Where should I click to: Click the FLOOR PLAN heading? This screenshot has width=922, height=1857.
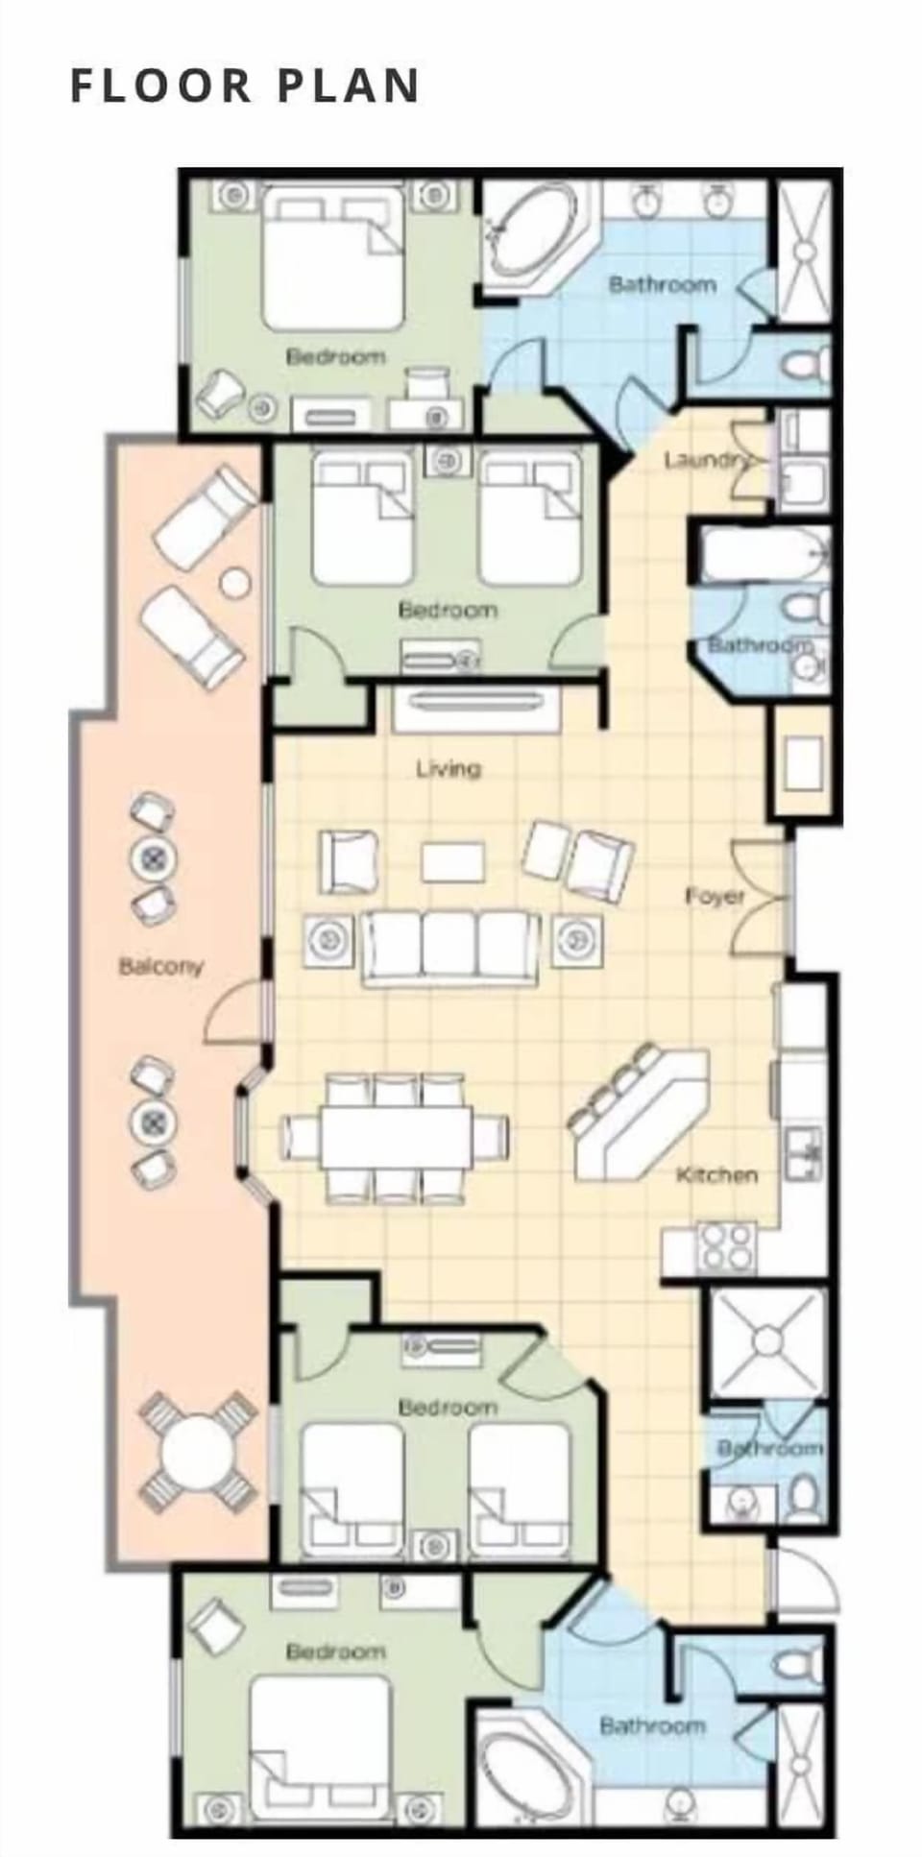(245, 84)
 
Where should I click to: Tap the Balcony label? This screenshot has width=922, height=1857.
(161, 966)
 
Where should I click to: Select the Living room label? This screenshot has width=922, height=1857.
(449, 768)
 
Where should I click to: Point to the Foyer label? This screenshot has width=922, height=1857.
(715, 896)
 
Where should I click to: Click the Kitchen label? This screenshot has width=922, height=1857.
(716, 1174)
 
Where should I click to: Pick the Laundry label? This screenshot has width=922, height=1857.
(706, 460)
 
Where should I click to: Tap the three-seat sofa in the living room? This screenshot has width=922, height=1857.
(451, 948)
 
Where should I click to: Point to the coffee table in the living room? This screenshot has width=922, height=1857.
(453, 861)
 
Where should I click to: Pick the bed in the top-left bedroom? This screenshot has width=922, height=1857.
(332, 258)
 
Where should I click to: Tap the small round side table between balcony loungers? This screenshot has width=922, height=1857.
(235, 582)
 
